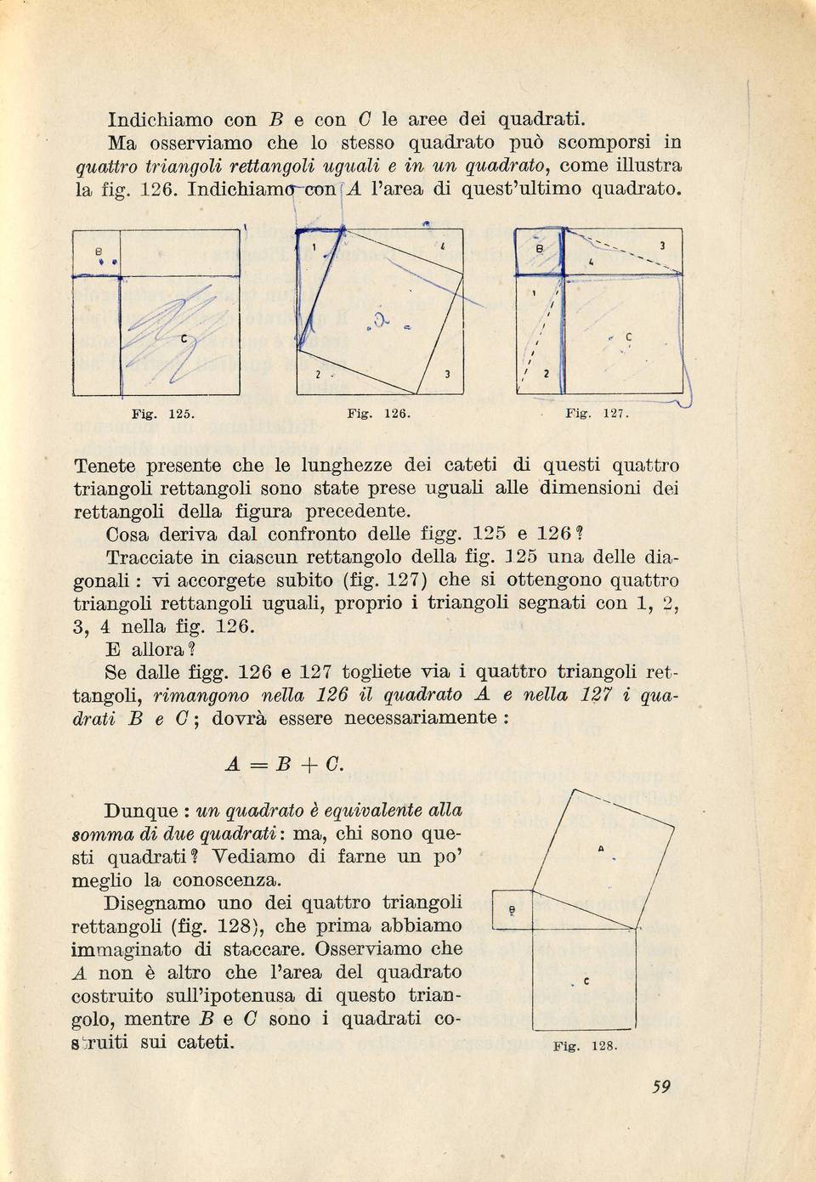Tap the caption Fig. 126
tap(379, 416)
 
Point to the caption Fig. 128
tap(585, 1047)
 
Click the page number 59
tap(662, 1085)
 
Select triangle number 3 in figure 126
tap(445, 375)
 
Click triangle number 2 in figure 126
tap(314, 375)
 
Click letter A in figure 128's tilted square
tap(601, 849)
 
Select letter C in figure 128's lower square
tap(587, 982)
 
